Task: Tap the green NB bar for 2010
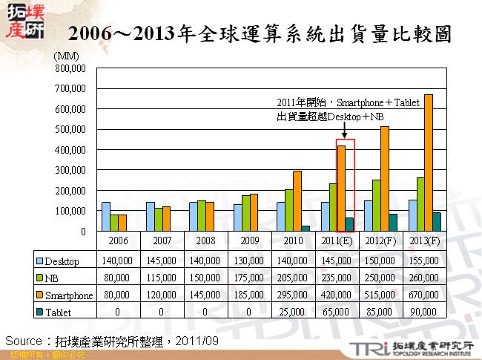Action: click(288, 210)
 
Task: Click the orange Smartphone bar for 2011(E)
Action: click(341, 189)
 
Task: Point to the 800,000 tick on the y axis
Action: click(72, 68)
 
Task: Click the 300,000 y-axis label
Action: click(72, 170)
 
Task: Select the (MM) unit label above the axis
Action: click(67, 56)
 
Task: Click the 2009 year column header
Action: click(250, 241)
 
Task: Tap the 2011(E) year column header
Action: click(337, 241)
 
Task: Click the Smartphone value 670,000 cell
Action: click(424, 295)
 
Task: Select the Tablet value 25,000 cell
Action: click(294, 312)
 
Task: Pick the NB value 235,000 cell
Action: click(337, 278)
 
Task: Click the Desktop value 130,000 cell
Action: click(250, 261)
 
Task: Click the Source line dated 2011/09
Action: click(111, 340)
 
